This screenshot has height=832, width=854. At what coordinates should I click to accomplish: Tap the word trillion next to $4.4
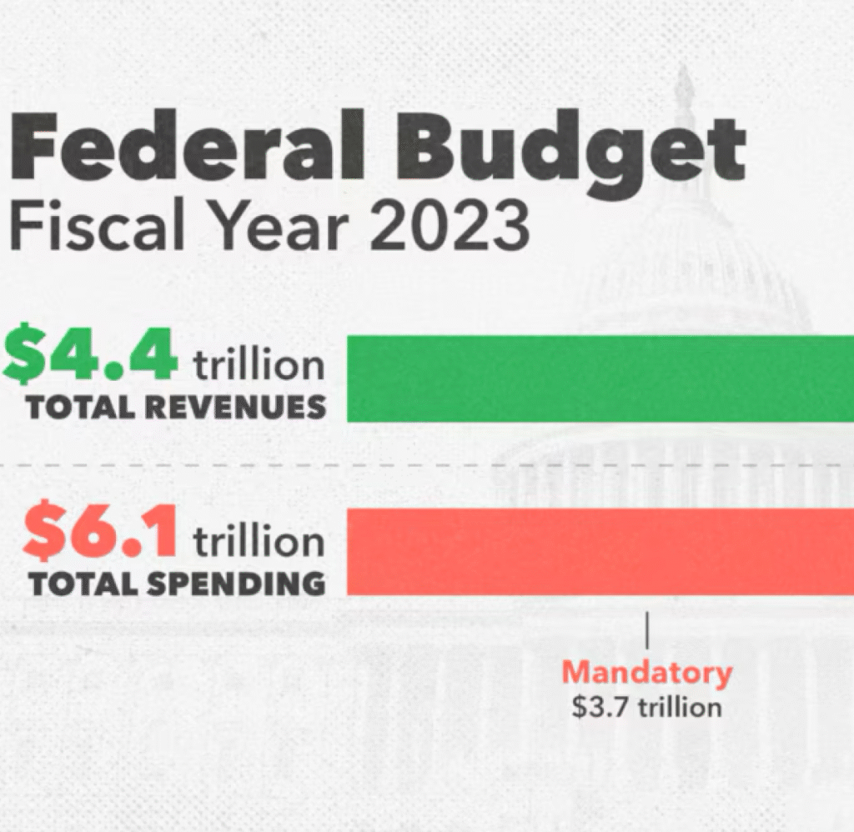[259, 364]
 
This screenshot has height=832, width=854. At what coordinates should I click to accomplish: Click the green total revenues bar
[599, 378]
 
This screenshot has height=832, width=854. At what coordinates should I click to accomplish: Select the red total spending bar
[599, 553]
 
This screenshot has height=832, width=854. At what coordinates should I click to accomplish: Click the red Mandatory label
[646, 673]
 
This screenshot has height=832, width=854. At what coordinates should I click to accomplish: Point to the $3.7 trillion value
[646, 708]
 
